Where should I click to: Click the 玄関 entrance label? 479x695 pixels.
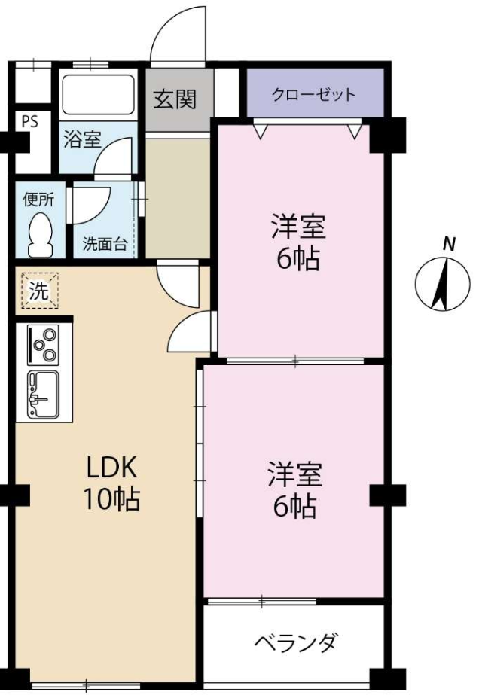click(x=175, y=99)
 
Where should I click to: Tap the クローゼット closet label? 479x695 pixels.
click(x=313, y=94)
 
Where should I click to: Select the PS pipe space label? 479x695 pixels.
click(x=30, y=121)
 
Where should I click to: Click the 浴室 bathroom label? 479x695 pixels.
click(x=83, y=139)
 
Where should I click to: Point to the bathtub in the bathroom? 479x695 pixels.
click(x=98, y=95)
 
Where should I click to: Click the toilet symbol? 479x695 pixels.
click(x=41, y=234)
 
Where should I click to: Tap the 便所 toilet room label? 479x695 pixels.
click(x=38, y=200)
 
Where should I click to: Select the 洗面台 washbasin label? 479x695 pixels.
click(x=105, y=244)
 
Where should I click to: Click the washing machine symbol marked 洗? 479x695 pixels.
click(x=39, y=291)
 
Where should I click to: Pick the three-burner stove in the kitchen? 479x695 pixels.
click(x=44, y=344)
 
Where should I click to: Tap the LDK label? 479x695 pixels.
click(x=111, y=468)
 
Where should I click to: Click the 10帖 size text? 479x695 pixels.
click(x=111, y=498)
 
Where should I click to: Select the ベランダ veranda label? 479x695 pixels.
click(x=297, y=642)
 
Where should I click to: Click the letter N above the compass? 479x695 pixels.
click(x=450, y=244)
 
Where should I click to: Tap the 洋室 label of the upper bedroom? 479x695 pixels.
click(x=299, y=226)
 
